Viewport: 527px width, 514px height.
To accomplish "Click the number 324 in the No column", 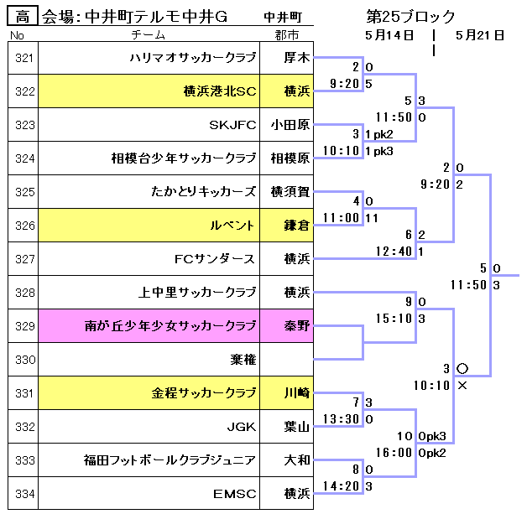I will [24, 158].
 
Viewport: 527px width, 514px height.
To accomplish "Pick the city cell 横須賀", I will [290, 192].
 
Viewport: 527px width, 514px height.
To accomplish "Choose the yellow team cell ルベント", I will [233, 226].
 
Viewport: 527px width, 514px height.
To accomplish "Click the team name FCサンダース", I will [215, 259].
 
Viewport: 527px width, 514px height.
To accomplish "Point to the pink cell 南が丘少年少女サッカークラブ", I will [170, 326].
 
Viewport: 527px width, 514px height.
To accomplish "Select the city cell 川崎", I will [296, 393].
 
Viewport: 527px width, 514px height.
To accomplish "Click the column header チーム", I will [149, 35].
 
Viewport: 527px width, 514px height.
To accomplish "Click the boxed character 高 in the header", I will [23, 16].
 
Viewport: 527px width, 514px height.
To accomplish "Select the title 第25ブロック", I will [411, 16].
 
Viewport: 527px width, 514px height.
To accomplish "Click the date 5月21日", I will [480, 35].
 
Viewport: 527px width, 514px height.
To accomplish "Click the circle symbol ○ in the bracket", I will [462, 368].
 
